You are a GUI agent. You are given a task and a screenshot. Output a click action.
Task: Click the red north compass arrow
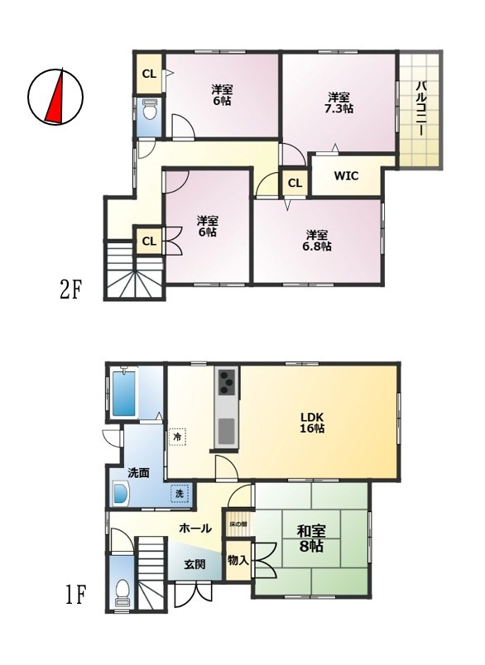(x=56, y=99)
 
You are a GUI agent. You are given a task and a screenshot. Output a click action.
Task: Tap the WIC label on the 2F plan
(x=346, y=175)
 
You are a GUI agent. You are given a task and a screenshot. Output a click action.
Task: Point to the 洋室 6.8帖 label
(x=317, y=241)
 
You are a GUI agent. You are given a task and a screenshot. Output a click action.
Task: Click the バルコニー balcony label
(x=421, y=108)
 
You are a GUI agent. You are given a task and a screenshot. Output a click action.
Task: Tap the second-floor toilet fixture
(x=149, y=110)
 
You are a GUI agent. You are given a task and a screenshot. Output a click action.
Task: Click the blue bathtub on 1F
(x=124, y=394)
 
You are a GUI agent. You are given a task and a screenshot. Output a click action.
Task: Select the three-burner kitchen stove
(x=227, y=381)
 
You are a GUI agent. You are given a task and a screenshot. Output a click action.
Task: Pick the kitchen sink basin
(x=227, y=430)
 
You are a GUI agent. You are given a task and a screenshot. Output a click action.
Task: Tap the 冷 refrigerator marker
(x=178, y=437)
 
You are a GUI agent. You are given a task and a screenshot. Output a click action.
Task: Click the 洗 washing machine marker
(x=180, y=493)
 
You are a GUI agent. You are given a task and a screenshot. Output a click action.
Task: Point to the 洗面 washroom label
(x=138, y=473)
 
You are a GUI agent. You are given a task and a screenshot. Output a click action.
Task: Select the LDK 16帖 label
(x=312, y=422)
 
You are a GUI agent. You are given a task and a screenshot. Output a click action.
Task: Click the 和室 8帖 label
(x=311, y=538)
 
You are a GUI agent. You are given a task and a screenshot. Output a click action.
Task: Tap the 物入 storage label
(x=238, y=560)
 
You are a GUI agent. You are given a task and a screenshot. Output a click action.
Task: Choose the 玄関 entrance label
(x=194, y=564)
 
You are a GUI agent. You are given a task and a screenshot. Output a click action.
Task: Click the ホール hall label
(x=195, y=528)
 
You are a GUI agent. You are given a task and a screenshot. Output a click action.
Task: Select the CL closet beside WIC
(x=295, y=184)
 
